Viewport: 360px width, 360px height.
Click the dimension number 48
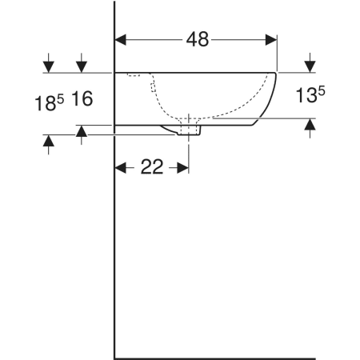click(x=198, y=39)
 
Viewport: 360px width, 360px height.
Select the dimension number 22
click(x=152, y=167)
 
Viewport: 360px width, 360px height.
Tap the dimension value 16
click(x=82, y=98)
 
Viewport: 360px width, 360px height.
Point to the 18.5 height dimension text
click(x=50, y=103)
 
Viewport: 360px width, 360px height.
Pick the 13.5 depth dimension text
click(x=310, y=95)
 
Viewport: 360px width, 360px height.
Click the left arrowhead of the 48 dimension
click(x=121, y=40)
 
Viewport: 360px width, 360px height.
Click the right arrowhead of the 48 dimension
click(x=271, y=40)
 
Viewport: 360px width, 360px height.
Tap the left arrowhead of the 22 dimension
click(x=121, y=168)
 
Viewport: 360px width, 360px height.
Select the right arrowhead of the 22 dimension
click(x=183, y=168)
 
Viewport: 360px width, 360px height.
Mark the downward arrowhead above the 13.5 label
click(x=310, y=66)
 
